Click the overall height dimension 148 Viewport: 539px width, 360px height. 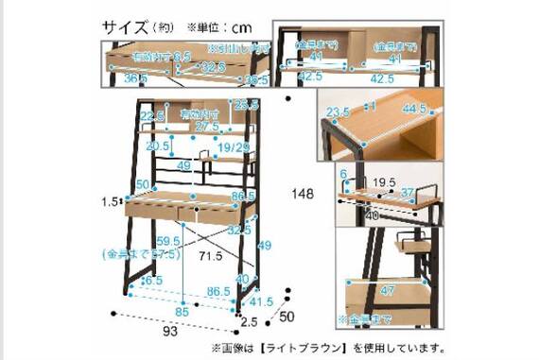click(304, 194)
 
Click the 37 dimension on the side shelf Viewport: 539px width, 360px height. click(407, 194)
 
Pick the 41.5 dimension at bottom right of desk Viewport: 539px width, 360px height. click(249, 302)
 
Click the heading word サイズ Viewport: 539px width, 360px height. click(125, 26)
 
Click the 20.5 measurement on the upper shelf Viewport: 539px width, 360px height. click(158, 146)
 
